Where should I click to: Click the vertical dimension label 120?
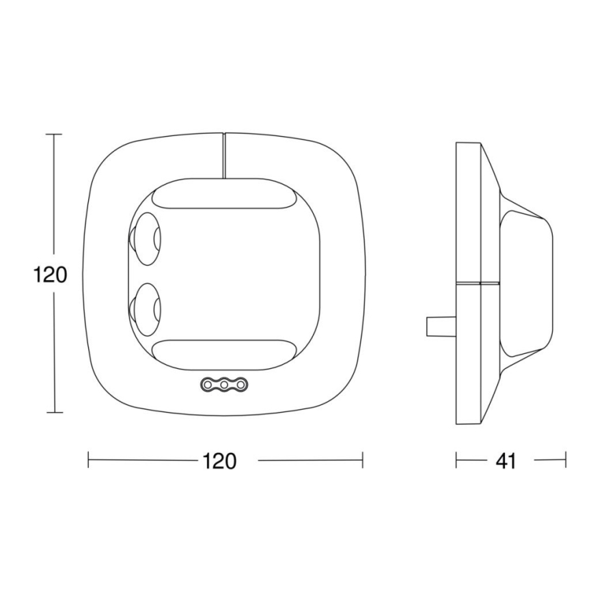(x=51, y=275)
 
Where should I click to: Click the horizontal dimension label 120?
(x=219, y=461)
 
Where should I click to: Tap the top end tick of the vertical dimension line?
(x=54, y=135)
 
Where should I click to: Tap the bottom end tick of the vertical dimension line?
(x=54, y=413)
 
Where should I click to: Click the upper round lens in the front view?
(x=145, y=238)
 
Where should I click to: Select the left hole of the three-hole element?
(x=208, y=386)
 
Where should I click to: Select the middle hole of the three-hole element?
(x=224, y=386)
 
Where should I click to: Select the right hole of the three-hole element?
(x=240, y=386)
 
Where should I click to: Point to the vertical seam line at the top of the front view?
(x=224, y=156)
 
